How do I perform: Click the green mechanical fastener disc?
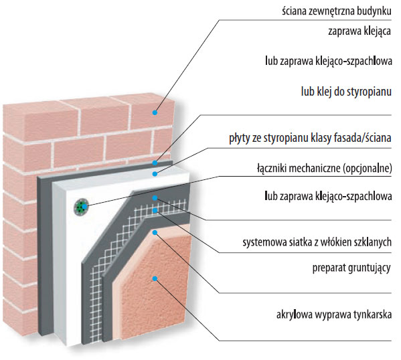click(81, 207)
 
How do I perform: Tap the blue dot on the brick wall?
click(155, 112)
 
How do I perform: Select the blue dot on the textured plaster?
click(155, 278)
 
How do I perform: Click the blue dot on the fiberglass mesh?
click(155, 210)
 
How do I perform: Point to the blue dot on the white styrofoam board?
click(155, 174)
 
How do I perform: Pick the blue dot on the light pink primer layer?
click(155, 232)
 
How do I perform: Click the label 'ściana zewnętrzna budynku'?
click(337, 11)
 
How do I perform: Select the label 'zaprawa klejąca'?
click(359, 31)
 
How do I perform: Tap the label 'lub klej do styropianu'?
click(346, 92)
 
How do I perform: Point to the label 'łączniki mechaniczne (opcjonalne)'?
click(324, 169)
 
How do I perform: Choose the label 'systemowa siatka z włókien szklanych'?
click(317, 242)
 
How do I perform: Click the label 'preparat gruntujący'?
click(351, 268)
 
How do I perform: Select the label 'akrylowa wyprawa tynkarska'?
click(334, 314)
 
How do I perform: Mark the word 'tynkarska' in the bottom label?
click(373, 314)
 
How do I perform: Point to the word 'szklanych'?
click(373, 242)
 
